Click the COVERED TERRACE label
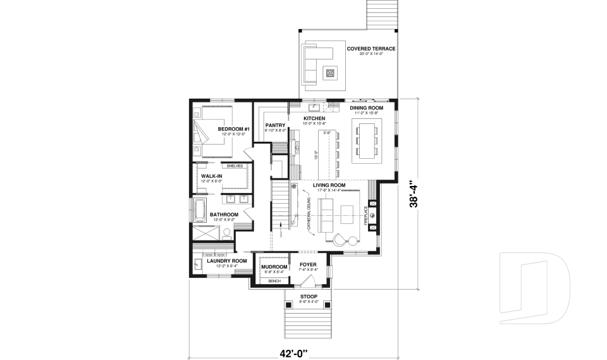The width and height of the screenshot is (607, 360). (x=371, y=49)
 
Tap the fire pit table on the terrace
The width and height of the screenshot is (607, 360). (x=329, y=73)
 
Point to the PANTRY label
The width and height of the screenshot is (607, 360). (x=276, y=125)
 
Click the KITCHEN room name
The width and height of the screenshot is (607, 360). (x=314, y=118)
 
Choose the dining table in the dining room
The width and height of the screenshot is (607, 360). (x=367, y=140)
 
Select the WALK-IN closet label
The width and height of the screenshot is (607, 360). (x=211, y=176)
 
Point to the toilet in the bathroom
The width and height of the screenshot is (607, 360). (x=226, y=233)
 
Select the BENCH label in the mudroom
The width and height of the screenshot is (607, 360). (x=274, y=280)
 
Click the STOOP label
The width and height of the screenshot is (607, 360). (x=309, y=296)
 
